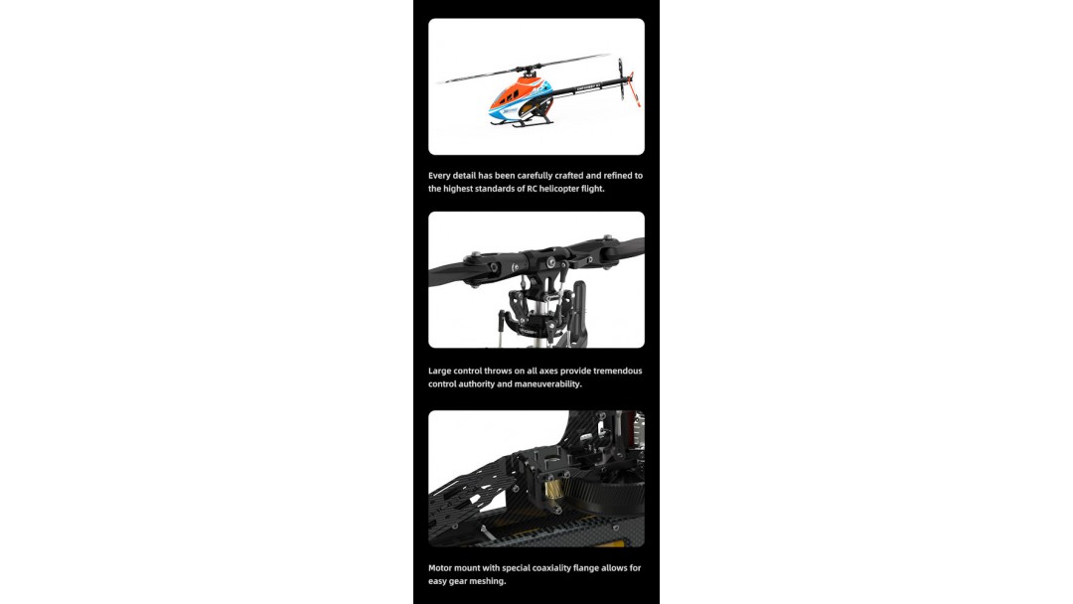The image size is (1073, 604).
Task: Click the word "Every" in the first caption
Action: [x=439, y=176]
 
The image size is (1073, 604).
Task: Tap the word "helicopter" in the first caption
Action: [x=559, y=189]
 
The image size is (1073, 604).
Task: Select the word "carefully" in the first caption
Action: [x=535, y=176]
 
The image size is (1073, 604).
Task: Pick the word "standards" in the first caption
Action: [x=495, y=189]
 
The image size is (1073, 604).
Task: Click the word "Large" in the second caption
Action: [x=439, y=372]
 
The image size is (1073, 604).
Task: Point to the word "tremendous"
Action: [x=617, y=372]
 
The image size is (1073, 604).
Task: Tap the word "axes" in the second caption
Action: [x=548, y=372]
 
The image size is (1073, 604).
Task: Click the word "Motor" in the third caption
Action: [x=441, y=568]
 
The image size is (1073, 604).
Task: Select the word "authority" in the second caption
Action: [x=477, y=384]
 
